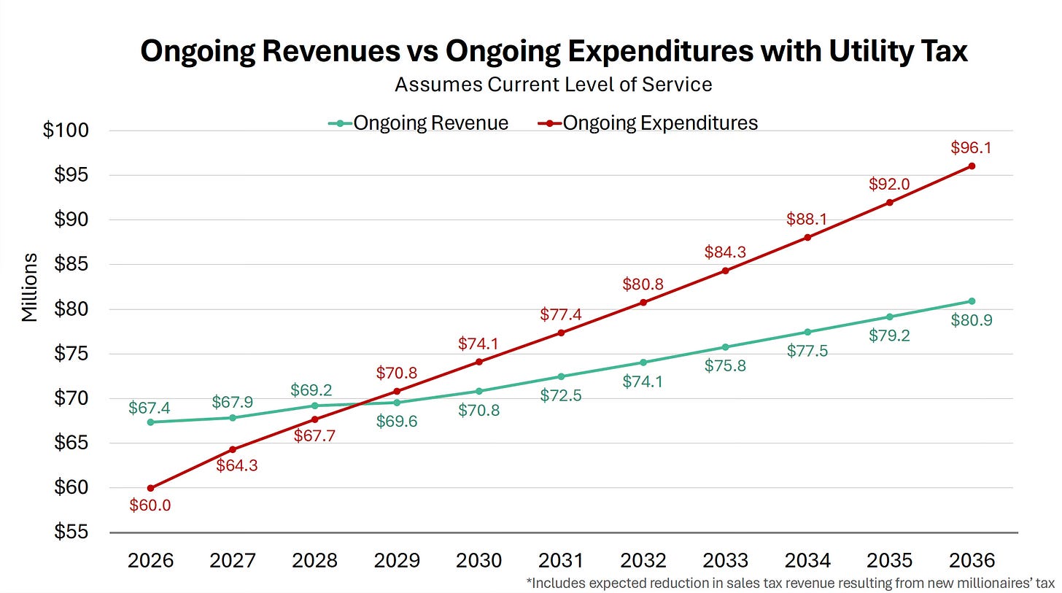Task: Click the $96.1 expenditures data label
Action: [971, 147]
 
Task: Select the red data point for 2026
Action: [150, 488]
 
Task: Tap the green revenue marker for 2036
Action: [972, 301]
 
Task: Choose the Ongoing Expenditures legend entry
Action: [648, 123]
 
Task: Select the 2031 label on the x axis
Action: [561, 560]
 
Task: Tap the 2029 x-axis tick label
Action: [397, 560]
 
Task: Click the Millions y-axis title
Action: [29, 287]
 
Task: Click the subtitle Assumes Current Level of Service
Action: [553, 85]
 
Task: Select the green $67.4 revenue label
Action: [150, 408]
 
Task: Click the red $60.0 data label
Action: [150, 505]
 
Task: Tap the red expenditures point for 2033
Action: [725, 271]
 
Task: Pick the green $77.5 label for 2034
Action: [807, 351]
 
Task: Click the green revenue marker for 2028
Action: [314, 406]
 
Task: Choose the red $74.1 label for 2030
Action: [478, 343]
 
